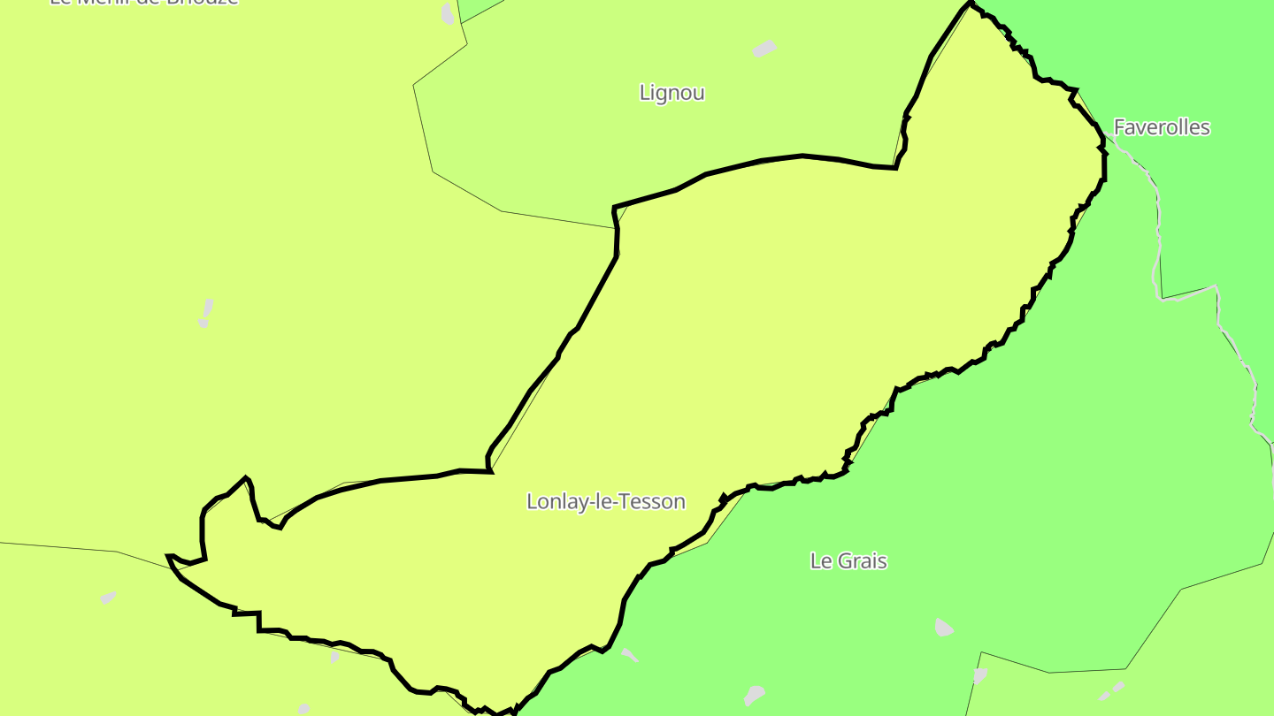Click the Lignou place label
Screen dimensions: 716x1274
[672, 93]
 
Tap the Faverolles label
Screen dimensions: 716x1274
[1161, 127]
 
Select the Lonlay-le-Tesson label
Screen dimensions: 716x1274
[605, 501]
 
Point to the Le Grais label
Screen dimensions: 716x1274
[848, 560]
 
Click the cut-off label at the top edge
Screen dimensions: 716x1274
[144, 3]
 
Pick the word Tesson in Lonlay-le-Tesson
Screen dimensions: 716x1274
[656, 501]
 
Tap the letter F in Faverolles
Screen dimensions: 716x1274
[1118, 127]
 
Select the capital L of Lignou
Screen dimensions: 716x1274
[644, 93]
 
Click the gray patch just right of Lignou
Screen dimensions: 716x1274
[764, 49]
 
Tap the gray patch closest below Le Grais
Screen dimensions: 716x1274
[943, 628]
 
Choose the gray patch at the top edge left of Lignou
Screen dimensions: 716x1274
[448, 13]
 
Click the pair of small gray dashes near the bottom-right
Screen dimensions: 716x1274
[1112, 690]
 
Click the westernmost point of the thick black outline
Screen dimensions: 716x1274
[168, 557]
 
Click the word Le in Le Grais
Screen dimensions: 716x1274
[819, 560]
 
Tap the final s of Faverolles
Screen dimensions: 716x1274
[1205, 127]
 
